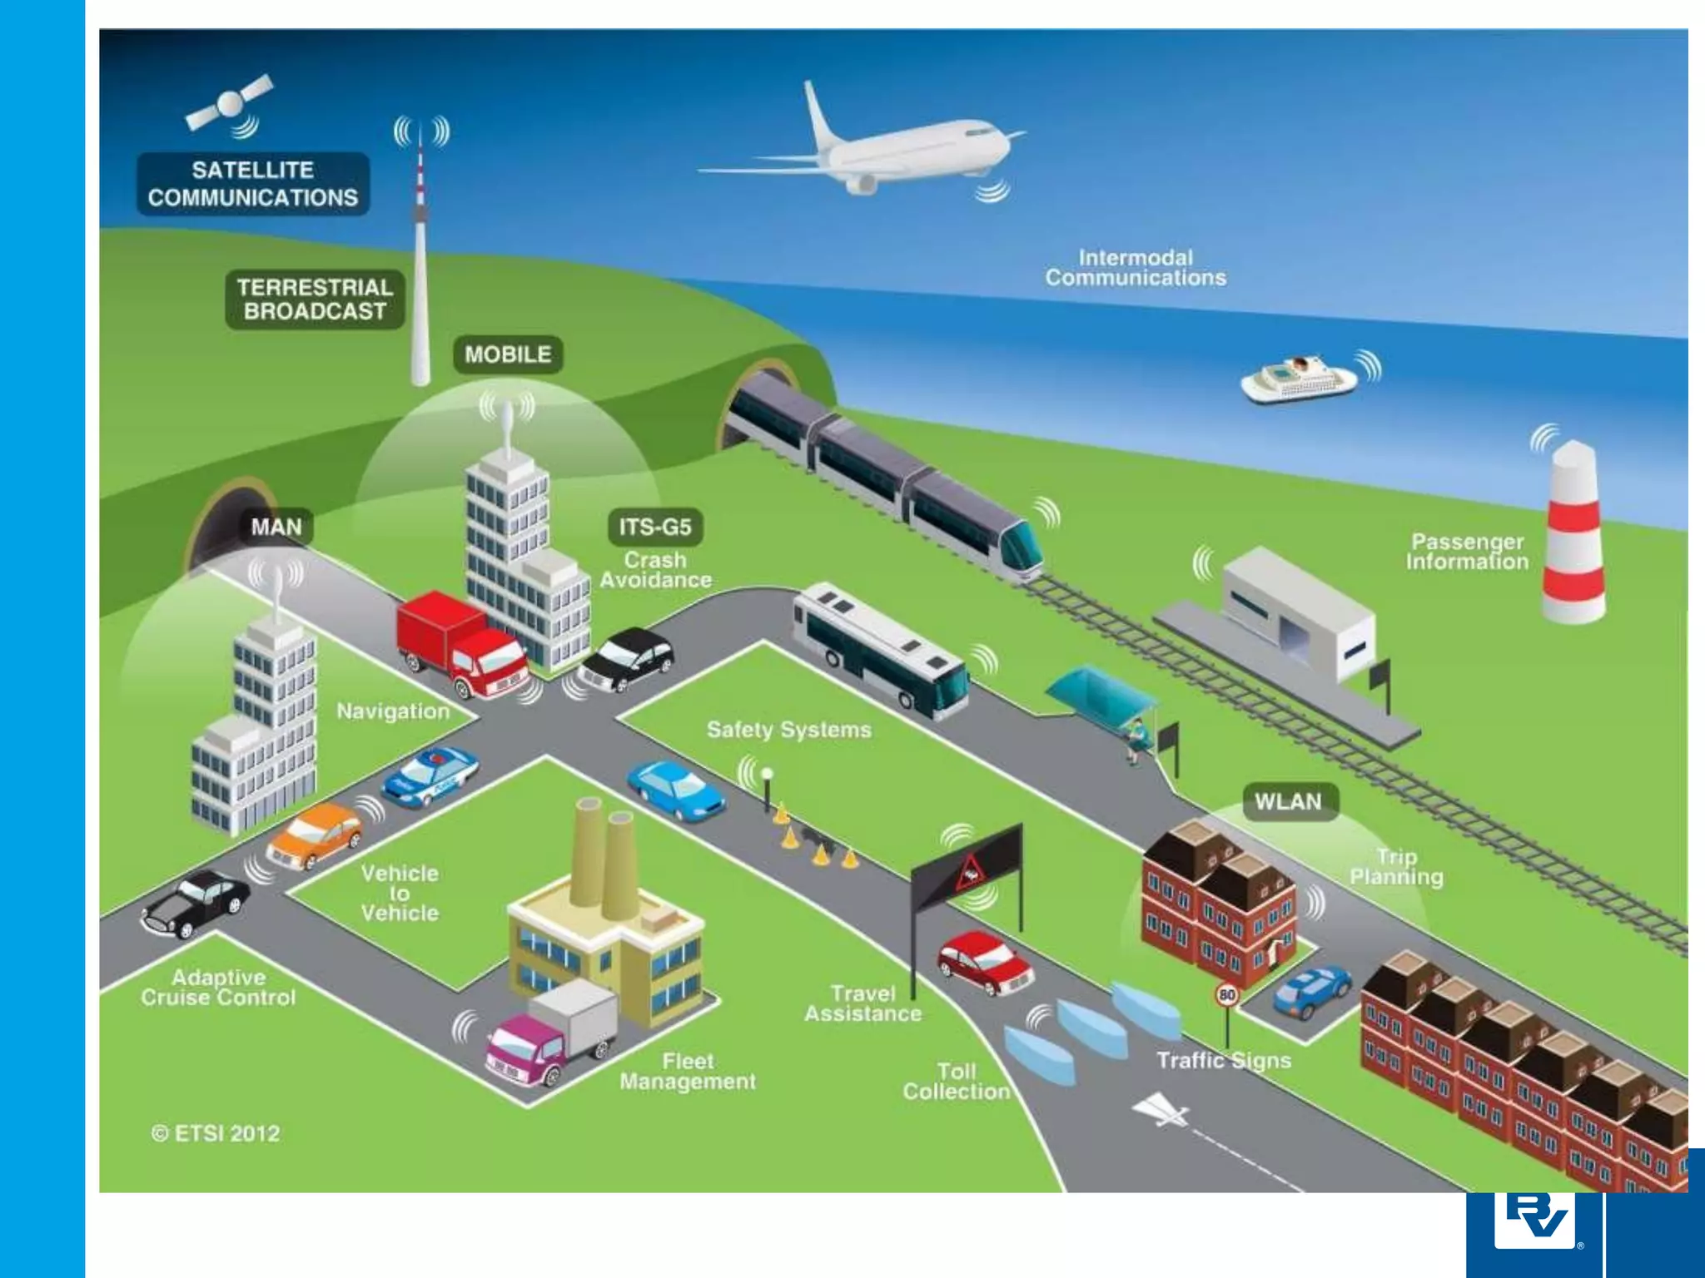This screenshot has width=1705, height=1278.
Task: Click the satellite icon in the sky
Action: [229, 104]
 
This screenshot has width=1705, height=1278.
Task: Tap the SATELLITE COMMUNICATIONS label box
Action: [253, 184]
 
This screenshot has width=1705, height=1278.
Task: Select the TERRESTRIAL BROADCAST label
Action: [315, 300]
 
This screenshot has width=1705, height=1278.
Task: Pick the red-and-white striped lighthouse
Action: [1573, 537]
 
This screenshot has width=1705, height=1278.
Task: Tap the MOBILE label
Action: [508, 354]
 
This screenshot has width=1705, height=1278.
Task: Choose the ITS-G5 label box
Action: [655, 527]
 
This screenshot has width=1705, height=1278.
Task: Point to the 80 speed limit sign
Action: [1226, 995]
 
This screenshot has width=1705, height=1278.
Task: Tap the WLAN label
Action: [1288, 801]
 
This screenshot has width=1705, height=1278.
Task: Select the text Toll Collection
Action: [957, 1082]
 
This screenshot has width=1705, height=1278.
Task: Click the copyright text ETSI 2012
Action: [216, 1133]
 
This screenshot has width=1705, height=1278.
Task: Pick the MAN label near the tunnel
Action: [276, 527]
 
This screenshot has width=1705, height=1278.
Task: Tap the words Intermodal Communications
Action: [1136, 268]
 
